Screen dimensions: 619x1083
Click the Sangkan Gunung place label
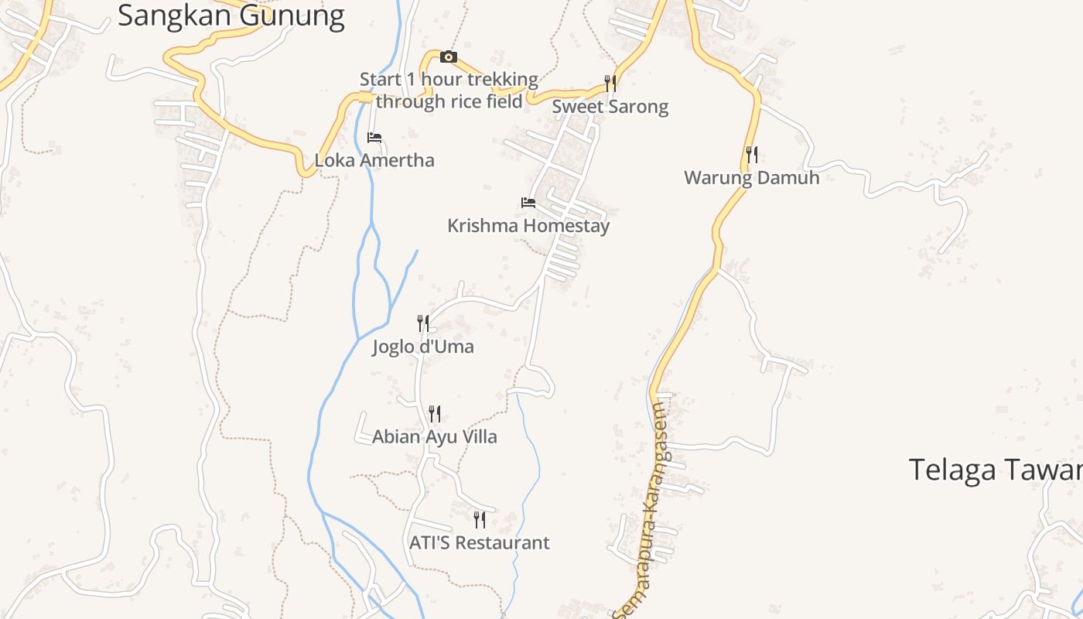231,15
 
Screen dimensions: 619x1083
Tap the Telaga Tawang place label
995,470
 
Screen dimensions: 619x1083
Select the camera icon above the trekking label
449,56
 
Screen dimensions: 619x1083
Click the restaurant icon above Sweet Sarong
610,83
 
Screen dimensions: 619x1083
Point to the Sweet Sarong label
610,106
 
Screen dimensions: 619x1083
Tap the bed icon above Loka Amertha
374,138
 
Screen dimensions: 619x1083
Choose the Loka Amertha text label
374,160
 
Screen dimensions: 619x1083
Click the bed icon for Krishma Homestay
528,203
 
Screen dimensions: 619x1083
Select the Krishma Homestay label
528,226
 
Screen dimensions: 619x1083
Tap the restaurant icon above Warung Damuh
751,155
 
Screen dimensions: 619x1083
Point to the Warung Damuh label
751,178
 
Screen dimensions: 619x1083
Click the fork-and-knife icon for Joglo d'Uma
423,323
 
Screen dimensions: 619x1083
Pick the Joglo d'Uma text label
423,346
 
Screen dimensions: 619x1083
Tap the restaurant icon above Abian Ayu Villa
435,414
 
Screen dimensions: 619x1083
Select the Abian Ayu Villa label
435,436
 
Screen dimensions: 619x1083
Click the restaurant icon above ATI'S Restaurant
480,519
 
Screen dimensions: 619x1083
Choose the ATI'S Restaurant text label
480,542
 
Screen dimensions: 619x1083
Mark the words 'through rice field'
449,101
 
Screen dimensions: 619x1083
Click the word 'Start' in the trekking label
381,79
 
